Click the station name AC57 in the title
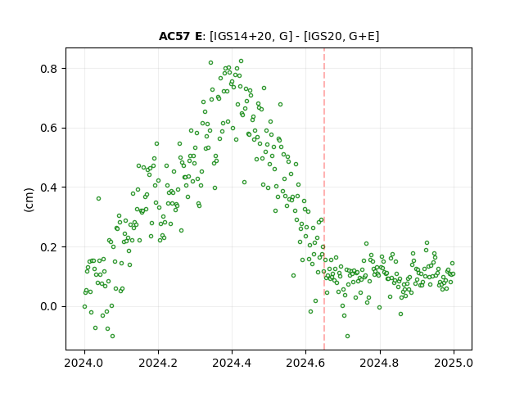click(x=175, y=36)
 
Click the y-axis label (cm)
click(x=29, y=200)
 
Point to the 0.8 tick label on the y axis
click(x=49, y=69)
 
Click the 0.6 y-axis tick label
click(x=49, y=129)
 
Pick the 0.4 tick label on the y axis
click(x=49, y=187)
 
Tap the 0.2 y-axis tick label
click(x=49, y=247)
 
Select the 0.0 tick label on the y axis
click(x=49, y=306)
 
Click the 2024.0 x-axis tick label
click(x=84, y=363)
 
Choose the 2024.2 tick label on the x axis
click(x=158, y=363)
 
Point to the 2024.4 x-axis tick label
click(x=232, y=363)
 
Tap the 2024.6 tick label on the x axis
click(x=305, y=363)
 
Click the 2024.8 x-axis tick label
click(x=380, y=363)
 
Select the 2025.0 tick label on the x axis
click(x=454, y=363)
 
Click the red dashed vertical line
click(x=324, y=199)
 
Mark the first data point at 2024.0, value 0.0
click(x=84, y=306)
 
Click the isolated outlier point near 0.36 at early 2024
click(x=98, y=198)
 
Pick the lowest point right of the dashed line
click(x=347, y=336)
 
